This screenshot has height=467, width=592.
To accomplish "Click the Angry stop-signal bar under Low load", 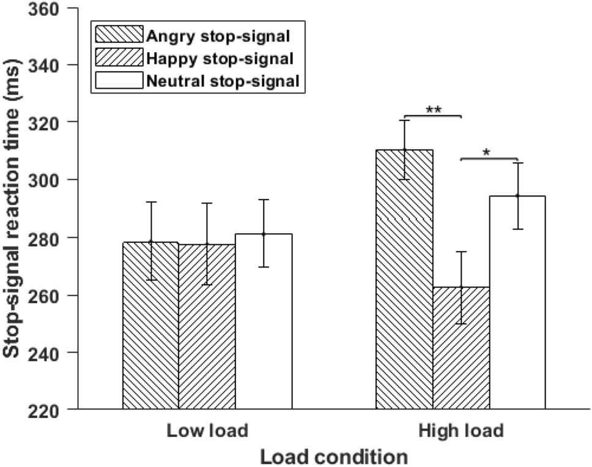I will [150, 325].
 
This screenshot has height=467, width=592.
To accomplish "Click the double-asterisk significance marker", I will [433, 110].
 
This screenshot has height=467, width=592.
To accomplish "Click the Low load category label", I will [207, 431].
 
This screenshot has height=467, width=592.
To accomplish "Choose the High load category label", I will [461, 431].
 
